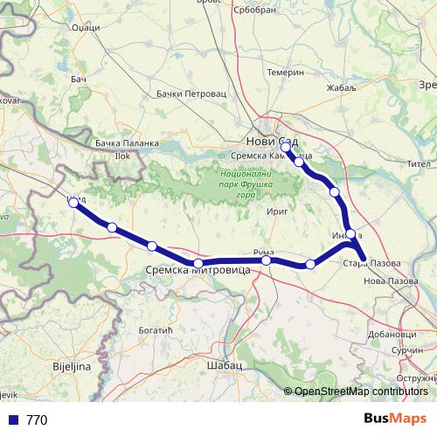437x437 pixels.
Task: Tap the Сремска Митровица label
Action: click(197, 272)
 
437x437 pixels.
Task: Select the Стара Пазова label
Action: click(371, 263)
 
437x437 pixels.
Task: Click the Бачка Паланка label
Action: click(127, 142)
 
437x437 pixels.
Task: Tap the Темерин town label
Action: click(286, 73)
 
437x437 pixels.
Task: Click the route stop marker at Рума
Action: click(266, 260)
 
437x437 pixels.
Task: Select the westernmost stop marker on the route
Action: click(73, 202)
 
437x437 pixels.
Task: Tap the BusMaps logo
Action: click(394, 419)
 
